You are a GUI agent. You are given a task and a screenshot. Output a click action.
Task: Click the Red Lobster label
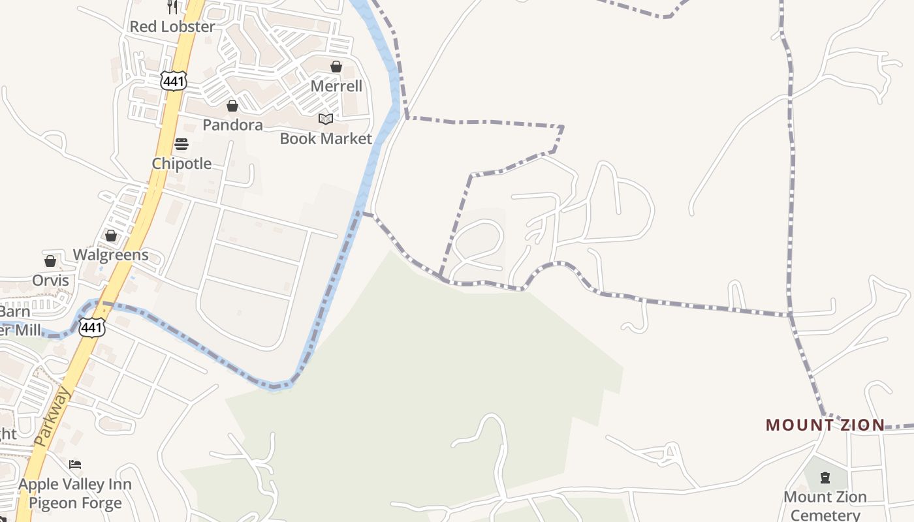point(172,27)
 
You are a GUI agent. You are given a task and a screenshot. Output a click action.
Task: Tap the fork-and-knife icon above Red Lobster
point(172,7)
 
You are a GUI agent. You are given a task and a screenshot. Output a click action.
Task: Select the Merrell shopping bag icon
point(336,67)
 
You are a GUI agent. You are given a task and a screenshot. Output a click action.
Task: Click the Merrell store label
point(336,86)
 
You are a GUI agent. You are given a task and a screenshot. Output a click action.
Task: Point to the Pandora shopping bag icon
point(232,106)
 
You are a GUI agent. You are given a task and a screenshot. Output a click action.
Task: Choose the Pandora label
point(232,125)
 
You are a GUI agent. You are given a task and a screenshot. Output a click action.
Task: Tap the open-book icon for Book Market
point(326,119)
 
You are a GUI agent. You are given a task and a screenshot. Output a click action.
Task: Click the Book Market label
point(326,138)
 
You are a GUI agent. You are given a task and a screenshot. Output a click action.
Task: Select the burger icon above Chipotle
point(181,144)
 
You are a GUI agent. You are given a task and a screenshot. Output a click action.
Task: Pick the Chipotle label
point(181,164)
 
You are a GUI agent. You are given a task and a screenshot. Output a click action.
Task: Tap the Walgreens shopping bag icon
point(111,236)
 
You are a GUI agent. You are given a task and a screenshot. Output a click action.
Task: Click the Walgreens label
point(111,254)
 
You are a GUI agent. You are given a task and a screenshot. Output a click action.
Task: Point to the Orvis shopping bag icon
point(50,262)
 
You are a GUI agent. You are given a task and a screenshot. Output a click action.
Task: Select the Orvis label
point(51,281)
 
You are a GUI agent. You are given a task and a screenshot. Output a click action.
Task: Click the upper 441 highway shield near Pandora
point(174,81)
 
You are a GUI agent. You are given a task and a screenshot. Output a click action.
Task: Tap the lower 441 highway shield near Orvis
point(91,328)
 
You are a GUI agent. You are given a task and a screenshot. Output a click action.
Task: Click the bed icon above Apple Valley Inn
point(75,465)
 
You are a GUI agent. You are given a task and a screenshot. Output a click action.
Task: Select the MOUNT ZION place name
point(825,425)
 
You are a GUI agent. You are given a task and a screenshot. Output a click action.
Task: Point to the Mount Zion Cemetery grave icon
point(825,478)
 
